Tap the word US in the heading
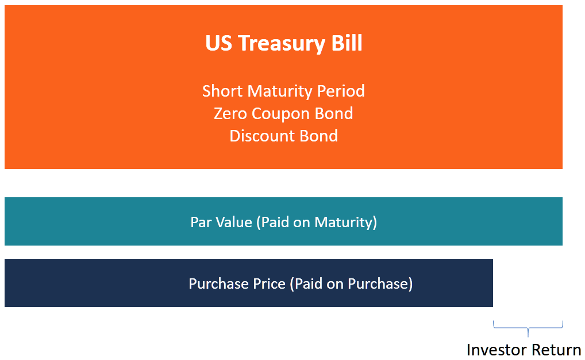coord(218,44)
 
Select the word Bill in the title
coord(347,44)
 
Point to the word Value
coord(234,222)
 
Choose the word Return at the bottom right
coord(555,350)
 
